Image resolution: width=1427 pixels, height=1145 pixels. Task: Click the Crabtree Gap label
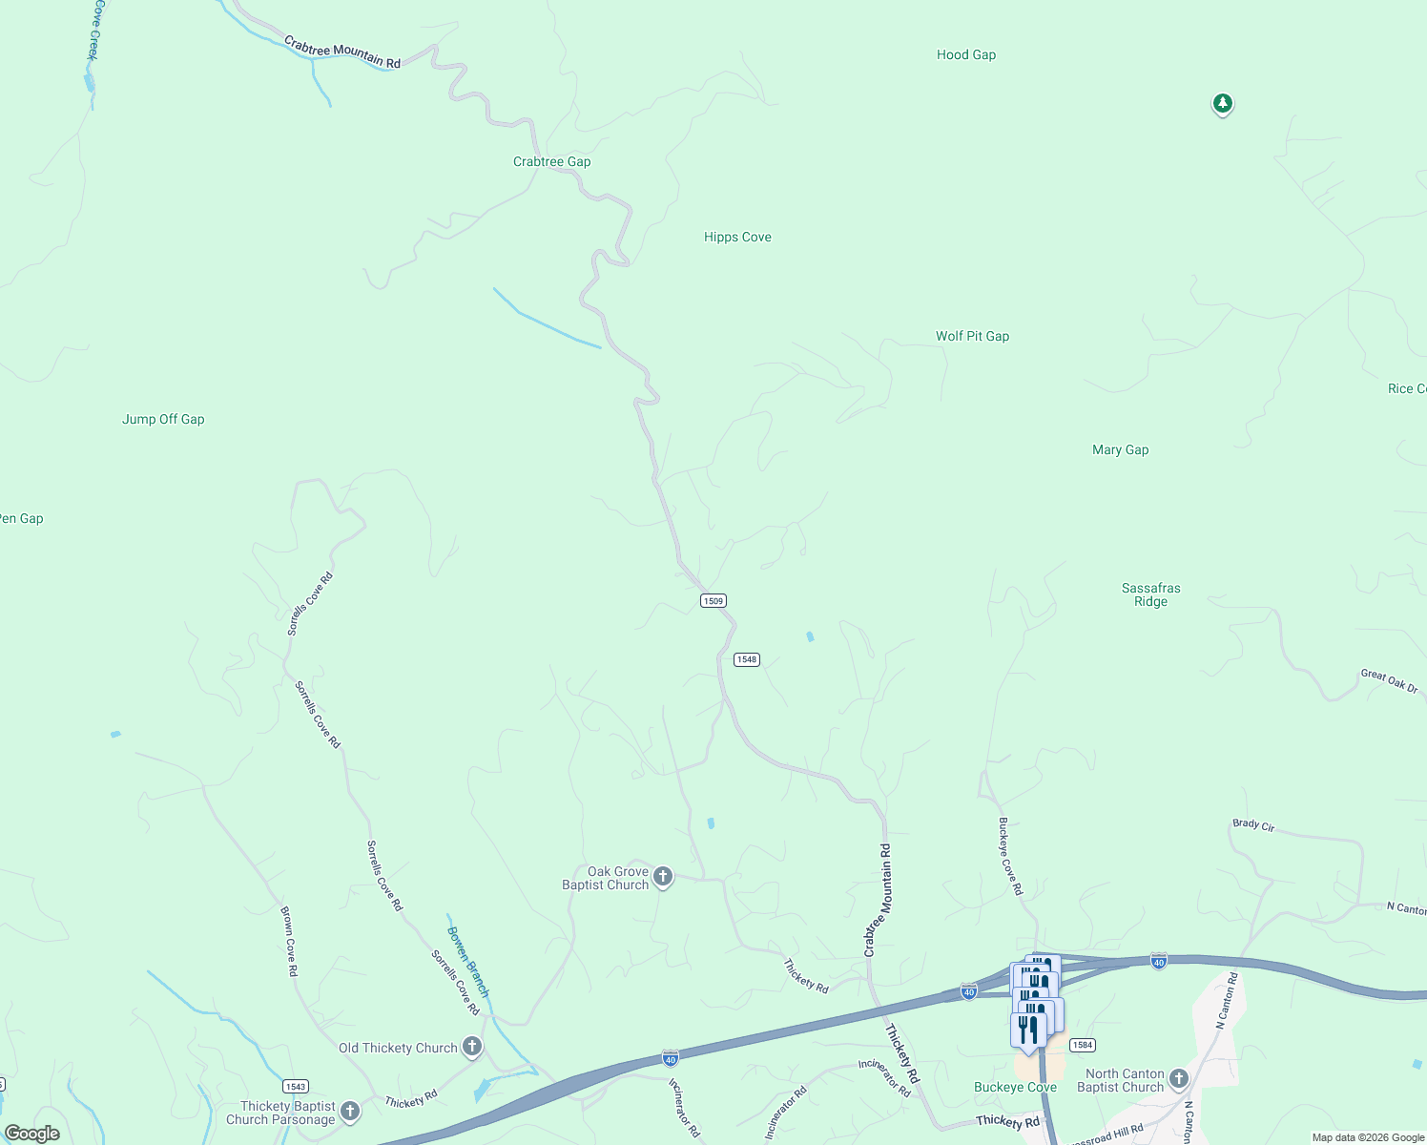[551, 162]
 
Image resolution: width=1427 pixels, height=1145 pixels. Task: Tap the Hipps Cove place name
[737, 238]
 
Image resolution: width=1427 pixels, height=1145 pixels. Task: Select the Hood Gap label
[965, 55]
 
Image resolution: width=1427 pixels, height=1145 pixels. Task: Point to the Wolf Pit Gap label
[972, 337]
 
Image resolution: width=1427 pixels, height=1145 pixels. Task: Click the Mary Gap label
[1120, 450]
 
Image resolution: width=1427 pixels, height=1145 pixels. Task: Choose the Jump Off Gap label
[163, 420]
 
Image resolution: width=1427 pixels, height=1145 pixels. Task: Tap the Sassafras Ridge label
[1150, 595]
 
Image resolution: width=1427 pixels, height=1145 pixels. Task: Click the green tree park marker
[1222, 103]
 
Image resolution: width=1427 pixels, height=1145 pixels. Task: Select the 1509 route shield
[713, 601]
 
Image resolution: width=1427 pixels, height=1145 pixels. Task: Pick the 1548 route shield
[746, 660]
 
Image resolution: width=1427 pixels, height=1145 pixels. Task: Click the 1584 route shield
[1082, 1046]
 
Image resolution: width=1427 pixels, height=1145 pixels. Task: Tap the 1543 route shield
[295, 1087]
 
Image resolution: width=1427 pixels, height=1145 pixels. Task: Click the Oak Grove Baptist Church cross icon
[663, 877]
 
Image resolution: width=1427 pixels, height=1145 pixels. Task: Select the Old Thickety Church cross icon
[471, 1048]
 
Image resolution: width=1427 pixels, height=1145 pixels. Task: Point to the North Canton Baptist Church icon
[1179, 1079]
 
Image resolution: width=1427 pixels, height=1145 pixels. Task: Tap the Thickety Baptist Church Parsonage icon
[350, 1111]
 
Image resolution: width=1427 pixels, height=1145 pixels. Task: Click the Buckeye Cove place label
[1015, 1088]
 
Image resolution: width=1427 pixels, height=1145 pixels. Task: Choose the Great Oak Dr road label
[1389, 680]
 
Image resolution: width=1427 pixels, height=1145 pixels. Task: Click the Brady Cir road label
[1253, 825]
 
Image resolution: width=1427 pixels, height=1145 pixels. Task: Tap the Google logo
[31, 1134]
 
